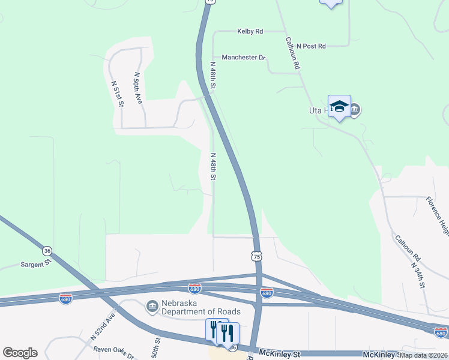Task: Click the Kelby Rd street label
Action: [250, 31]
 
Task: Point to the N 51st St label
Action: [118, 94]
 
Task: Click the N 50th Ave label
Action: [138, 88]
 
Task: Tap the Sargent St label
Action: [37, 263]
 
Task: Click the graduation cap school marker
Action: [339, 106]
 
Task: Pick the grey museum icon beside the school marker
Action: [355, 110]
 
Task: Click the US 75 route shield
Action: [257, 256]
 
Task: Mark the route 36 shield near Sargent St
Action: [47, 250]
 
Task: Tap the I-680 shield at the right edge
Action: [441, 332]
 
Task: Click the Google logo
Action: [20, 353]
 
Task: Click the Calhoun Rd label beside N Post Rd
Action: [292, 54]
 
